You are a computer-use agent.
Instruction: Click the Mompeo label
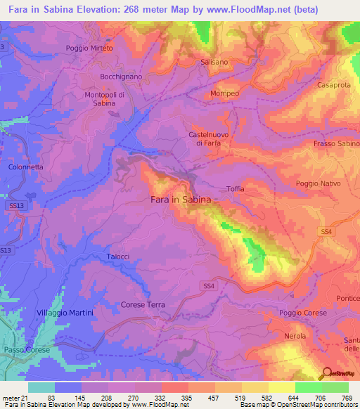225,93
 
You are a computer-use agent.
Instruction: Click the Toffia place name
236,188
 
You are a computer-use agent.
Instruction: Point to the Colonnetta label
26,167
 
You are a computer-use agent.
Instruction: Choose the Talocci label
118,257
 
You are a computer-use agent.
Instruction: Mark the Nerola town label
294,336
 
